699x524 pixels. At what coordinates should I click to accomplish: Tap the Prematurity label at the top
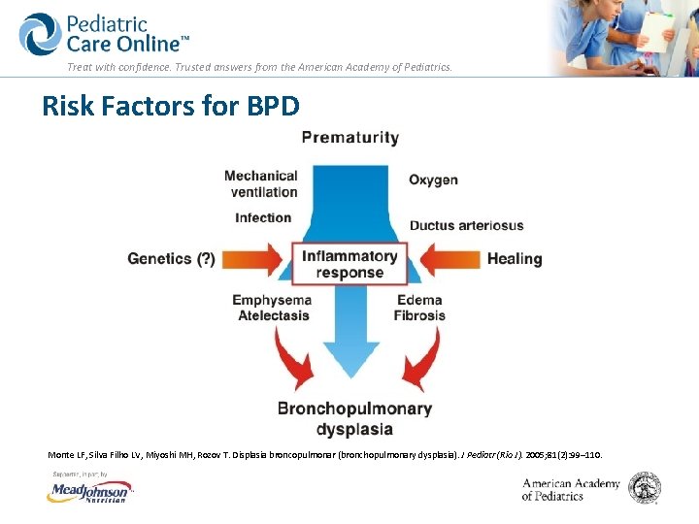[349, 138]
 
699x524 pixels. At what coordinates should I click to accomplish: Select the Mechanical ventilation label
[262, 183]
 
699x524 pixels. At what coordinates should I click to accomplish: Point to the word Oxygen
[433, 180]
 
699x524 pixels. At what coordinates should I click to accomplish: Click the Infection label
[263, 217]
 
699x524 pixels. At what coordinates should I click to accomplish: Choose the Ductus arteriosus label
[466, 225]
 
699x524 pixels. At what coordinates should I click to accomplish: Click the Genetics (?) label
[172, 259]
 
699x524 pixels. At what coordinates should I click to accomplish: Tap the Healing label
[514, 259]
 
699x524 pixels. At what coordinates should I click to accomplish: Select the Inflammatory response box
[349, 264]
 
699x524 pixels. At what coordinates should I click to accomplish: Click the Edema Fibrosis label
[419, 308]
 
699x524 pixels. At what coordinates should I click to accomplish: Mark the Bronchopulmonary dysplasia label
[354, 418]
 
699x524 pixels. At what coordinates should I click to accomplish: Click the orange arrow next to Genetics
[254, 259]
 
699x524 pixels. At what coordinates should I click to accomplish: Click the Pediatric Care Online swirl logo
[40, 35]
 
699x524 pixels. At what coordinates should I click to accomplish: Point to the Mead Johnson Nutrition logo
[90, 493]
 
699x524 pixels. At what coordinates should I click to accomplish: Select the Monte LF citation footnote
[325, 454]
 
